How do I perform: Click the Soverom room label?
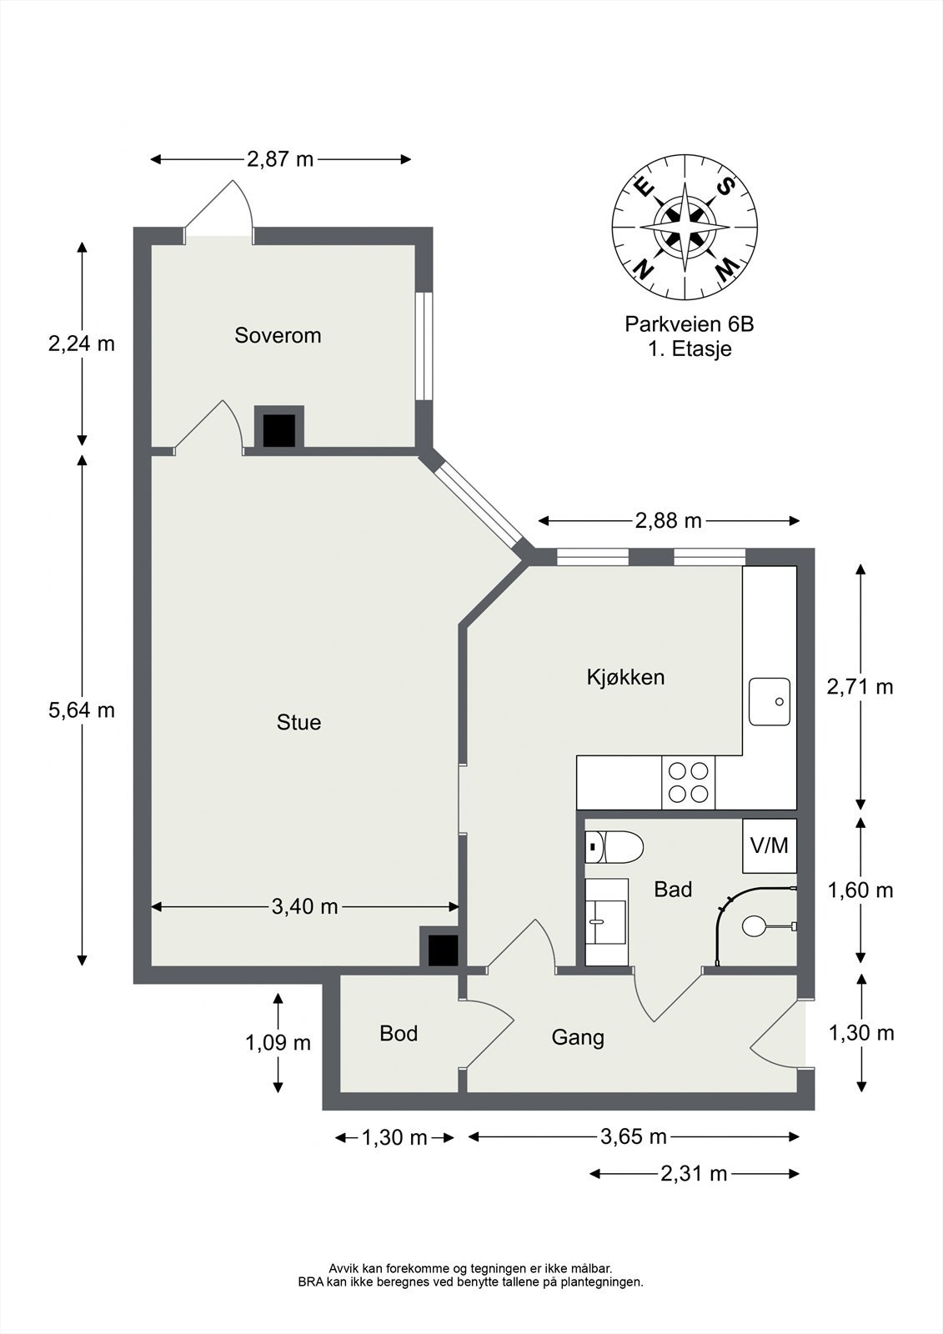(x=278, y=335)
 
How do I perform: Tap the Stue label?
(x=298, y=722)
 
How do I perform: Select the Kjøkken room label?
(x=625, y=677)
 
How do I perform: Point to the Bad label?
(x=673, y=889)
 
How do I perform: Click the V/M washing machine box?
(x=769, y=845)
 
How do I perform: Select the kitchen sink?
(x=769, y=701)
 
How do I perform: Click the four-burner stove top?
(x=688, y=783)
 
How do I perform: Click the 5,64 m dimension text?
(x=82, y=710)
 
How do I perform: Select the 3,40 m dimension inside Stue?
(x=304, y=906)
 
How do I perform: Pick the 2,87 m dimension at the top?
(x=280, y=159)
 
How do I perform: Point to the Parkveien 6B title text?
(x=690, y=324)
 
